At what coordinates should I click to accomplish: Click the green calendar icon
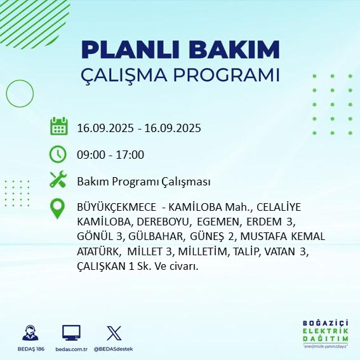pos(58,126)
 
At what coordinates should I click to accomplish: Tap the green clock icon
pos(58,154)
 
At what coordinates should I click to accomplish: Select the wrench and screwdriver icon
pos(58,181)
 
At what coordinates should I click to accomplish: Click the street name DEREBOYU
pos(163,222)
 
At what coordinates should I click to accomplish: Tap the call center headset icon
pos(29,333)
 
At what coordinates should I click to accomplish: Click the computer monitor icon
pos(71,333)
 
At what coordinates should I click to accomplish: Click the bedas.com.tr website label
pos(71,349)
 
